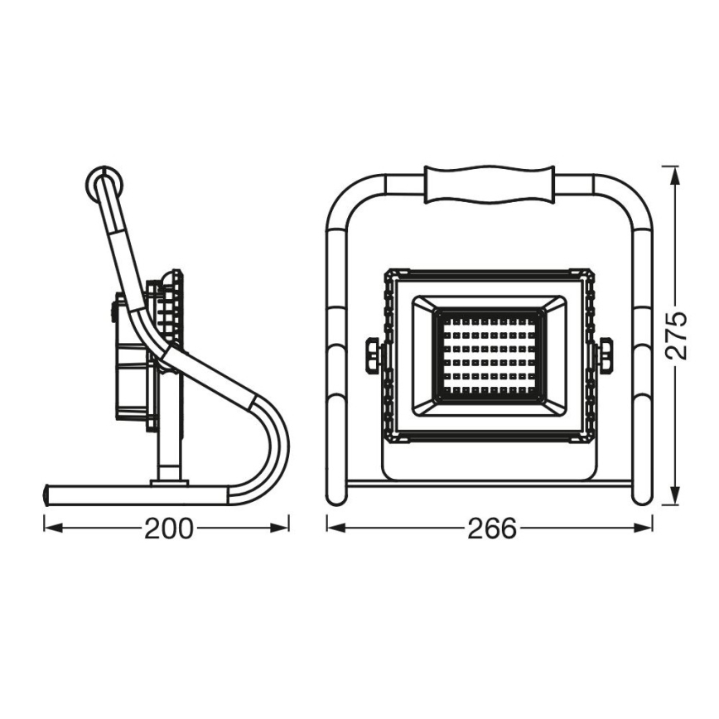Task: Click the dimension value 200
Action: coord(168,528)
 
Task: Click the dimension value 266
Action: coord(491,528)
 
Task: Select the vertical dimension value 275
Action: coord(678,335)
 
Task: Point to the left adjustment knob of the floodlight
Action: coord(373,355)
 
